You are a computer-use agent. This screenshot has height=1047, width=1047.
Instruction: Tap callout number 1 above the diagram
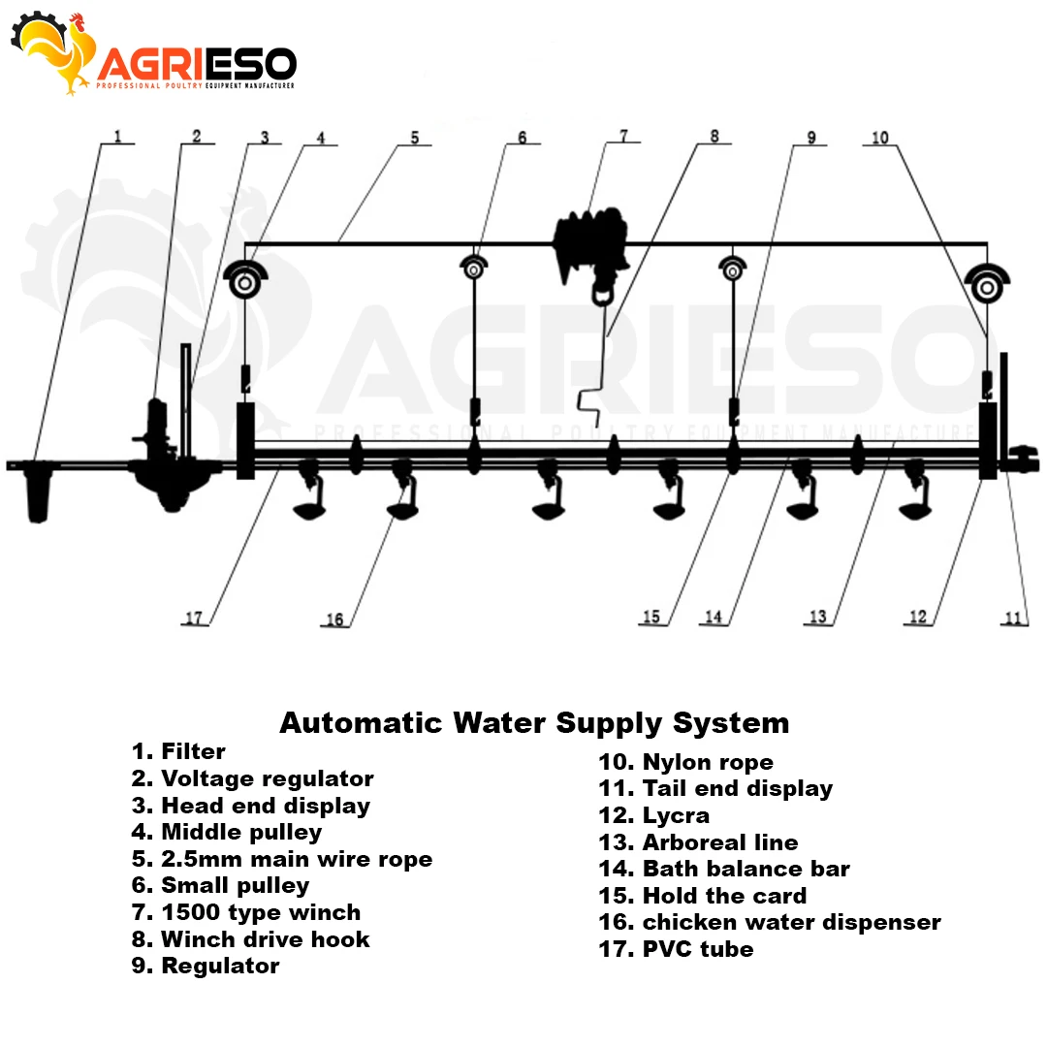[x=117, y=137]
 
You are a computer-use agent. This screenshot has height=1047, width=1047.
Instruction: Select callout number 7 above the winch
[x=623, y=137]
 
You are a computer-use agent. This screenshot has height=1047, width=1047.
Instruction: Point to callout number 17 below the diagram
[x=196, y=618]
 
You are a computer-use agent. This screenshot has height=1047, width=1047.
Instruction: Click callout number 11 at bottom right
[x=1013, y=618]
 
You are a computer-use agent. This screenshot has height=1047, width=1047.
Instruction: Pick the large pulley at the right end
[x=986, y=286]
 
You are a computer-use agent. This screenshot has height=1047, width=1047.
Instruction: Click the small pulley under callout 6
[x=473, y=270]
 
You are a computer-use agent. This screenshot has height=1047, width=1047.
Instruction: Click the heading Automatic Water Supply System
[x=534, y=723]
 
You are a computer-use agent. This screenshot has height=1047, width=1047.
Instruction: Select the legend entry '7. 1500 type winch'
[x=246, y=912]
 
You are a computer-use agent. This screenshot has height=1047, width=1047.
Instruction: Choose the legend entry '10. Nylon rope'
[x=685, y=763]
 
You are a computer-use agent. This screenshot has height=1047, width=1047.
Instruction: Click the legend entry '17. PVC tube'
[x=676, y=949]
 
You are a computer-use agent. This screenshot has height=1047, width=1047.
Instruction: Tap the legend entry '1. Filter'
[x=178, y=751]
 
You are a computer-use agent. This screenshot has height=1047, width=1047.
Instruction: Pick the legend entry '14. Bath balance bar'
[x=724, y=869]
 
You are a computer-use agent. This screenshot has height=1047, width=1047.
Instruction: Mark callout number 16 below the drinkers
[x=334, y=619]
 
